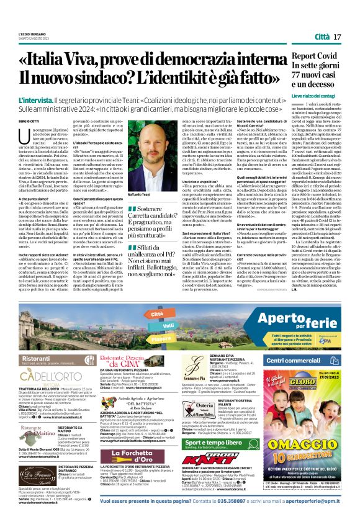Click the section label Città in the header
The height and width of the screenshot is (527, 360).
(x=321, y=37)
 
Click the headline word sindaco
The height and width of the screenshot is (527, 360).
(x=100, y=78)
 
